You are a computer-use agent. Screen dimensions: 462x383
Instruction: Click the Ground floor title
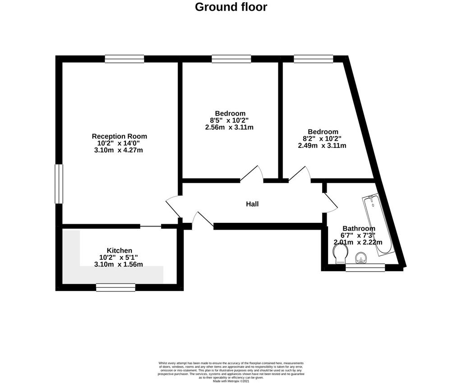click(231, 7)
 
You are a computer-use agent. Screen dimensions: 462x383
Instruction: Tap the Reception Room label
click(119, 136)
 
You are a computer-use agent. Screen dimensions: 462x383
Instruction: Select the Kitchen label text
click(119, 250)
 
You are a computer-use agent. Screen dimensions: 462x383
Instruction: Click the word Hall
click(252, 204)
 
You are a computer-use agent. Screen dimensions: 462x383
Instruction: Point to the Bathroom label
click(359, 228)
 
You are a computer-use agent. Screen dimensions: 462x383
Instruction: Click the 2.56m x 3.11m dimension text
click(229, 127)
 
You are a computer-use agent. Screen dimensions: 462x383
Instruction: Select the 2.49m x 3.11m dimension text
click(322, 146)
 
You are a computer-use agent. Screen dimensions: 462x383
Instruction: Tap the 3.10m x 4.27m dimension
click(119, 150)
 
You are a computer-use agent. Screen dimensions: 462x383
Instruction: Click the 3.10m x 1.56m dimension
click(119, 264)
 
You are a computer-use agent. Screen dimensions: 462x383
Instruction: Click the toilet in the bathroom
click(340, 254)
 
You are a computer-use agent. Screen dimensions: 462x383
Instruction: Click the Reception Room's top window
click(125, 59)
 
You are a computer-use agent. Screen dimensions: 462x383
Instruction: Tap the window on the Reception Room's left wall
click(59, 184)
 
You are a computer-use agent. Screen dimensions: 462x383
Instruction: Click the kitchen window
click(115, 287)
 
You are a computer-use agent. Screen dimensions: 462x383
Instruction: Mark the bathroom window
click(365, 268)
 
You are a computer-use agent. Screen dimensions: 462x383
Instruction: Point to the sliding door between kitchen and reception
click(151, 226)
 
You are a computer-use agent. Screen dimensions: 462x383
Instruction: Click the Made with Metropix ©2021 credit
click(231, 381)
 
